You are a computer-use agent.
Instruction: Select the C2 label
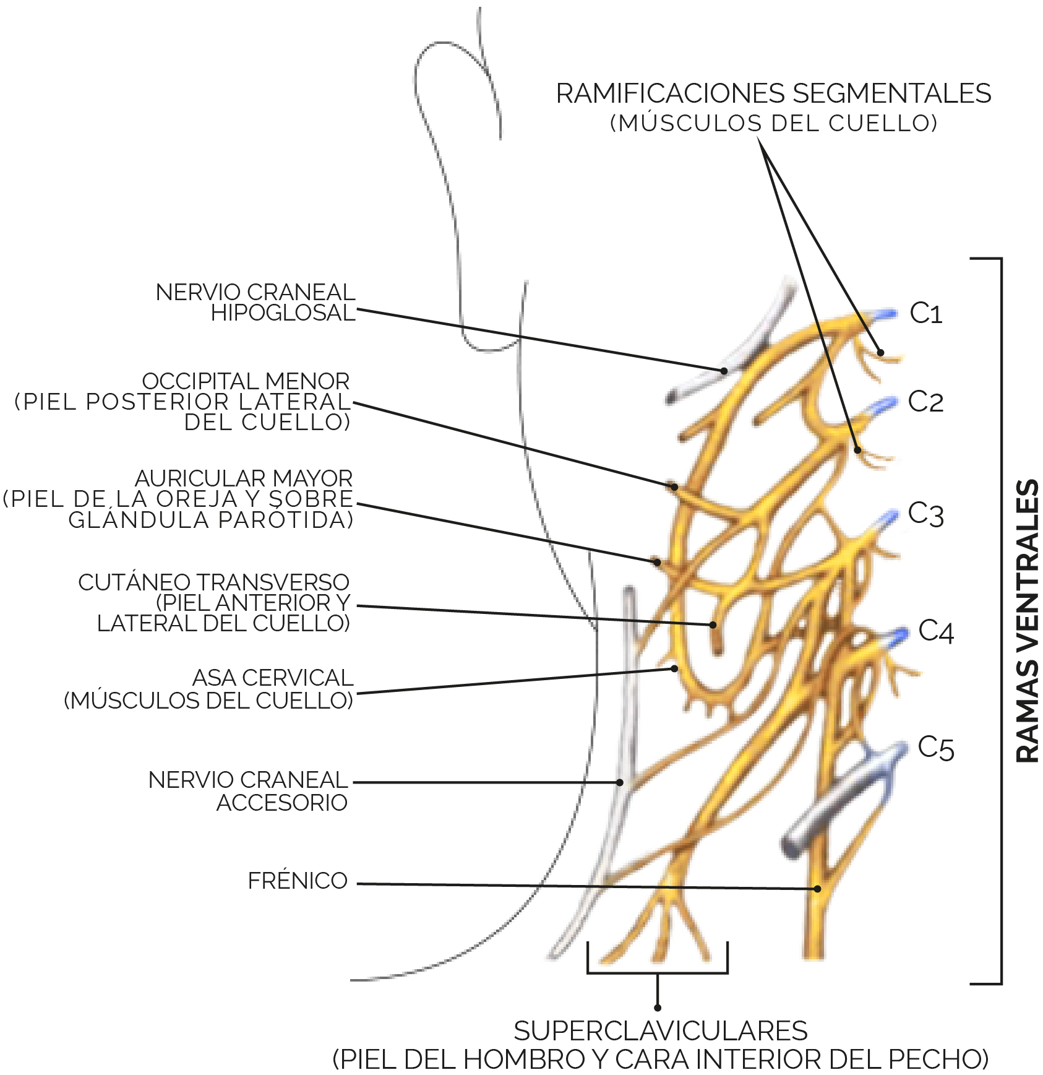[x=925, y=402]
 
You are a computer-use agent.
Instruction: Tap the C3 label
[x=926, y=514]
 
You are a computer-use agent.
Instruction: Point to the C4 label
[x=936, y=631]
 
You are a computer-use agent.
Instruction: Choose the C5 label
[x=936, y=748]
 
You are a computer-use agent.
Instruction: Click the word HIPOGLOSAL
[x=283, y=313]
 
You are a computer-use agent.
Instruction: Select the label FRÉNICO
[x=298, y=881]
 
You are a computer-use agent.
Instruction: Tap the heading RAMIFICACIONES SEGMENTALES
[x=773, y=93]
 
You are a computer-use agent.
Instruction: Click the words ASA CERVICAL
[x=273, y=678]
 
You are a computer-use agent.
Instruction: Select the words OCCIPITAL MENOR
[x=246, y=381]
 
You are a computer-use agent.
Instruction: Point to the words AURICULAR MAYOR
[x=244, y=478]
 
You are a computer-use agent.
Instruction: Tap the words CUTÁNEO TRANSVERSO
[x=214, y=582]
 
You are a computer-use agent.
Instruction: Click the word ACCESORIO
[x=282, y=803]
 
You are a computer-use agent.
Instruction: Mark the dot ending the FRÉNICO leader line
[x=817, y=889]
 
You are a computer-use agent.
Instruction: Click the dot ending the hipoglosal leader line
[x=724, y=371]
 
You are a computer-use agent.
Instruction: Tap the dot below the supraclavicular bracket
[x=658, y=1008]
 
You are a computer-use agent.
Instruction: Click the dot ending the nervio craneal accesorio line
[x=620, y=782]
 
